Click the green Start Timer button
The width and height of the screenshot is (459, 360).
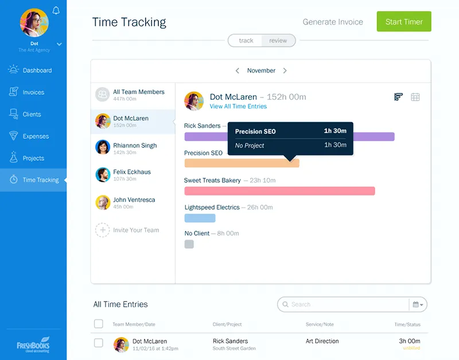(x=403, y=22)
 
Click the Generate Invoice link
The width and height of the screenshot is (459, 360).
(x=333, y=22)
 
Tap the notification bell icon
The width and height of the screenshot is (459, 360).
(x=56, y=10)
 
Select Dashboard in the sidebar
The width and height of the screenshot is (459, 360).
(x=37, y=71)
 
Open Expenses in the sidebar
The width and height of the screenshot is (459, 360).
(x=36, y=136)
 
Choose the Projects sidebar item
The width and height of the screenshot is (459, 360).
(x=33, y=158)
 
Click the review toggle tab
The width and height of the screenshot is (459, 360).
(x=278, y=41)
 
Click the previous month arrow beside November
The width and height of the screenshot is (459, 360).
(x=238, y=71)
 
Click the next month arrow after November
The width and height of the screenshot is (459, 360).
(x=285, y=71)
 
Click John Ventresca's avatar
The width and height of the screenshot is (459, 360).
(x=103, y=202)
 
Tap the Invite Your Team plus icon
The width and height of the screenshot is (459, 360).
(x=102, y=230)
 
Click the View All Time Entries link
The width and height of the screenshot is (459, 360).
(x=238, y=107)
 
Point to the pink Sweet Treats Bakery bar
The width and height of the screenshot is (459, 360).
(x=279, y=191)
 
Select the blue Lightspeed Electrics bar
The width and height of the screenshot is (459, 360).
(x=200, y=218)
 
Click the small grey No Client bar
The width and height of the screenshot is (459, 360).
(x=189, y=244)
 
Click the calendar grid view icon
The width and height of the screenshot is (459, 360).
(x=415, y=97)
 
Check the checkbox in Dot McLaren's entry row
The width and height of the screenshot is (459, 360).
(x=99, y=343)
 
